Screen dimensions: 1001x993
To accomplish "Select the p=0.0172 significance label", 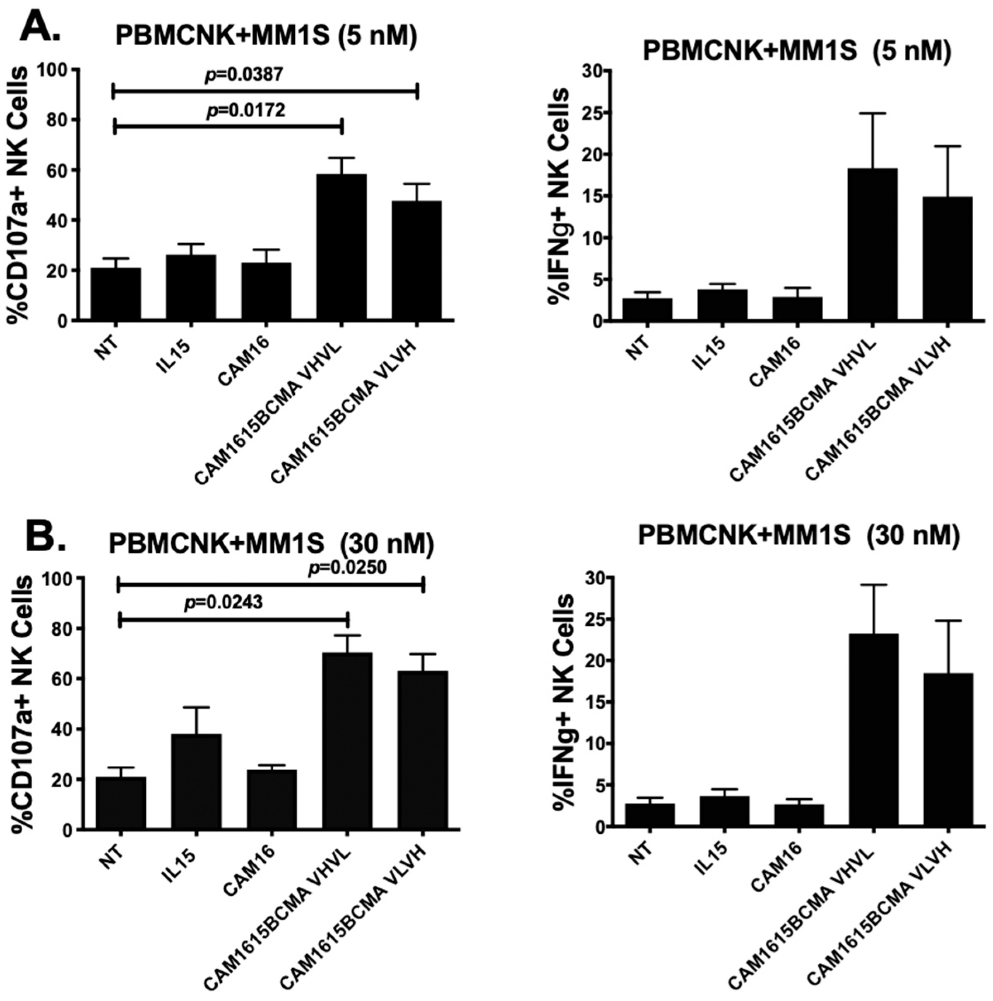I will click(245, 110).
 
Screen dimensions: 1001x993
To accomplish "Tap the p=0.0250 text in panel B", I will click(347, 568).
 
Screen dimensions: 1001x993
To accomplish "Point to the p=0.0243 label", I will click(224, 602).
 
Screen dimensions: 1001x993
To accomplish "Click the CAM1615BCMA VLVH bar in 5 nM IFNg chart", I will click(947, 259).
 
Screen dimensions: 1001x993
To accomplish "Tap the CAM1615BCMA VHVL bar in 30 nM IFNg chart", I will click(873, 730).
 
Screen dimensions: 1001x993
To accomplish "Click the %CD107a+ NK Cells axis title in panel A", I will click(19, 195).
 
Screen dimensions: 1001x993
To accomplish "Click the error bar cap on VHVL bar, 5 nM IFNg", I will click(873, 113).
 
